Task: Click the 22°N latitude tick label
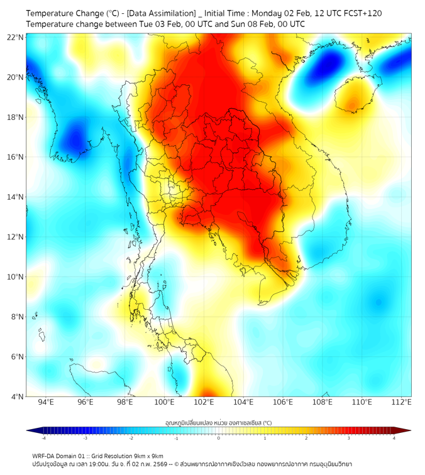[x=16, y=37]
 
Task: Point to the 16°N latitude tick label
[x=16, y=157]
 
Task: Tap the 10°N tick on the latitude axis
[x=16, y=277]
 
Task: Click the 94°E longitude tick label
[x=46, y=402]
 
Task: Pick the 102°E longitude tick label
[x=204, y=402]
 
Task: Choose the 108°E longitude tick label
[x=323, y=402]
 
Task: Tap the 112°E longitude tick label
[x=402, y=402]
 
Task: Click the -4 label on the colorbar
[x=43, y=438]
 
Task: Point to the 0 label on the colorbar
[x=219, y=438]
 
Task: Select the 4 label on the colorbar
[x=394, y=438]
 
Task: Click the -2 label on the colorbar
[x=131, y=438]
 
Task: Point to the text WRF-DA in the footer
[x=45, y=456]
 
